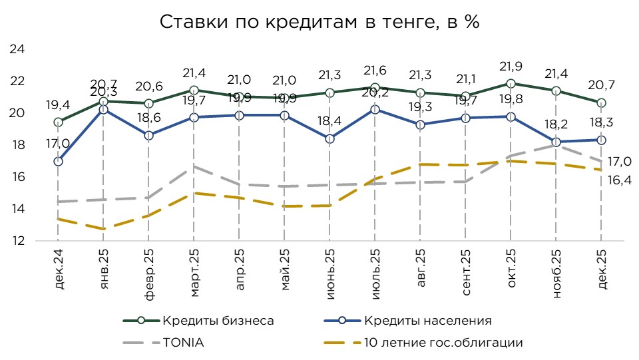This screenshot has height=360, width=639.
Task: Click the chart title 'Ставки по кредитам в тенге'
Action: (319, 22)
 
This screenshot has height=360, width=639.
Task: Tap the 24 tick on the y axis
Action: (17, 50)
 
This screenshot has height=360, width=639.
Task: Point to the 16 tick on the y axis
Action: (17, 177)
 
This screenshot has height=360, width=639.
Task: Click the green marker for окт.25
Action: (511, 84)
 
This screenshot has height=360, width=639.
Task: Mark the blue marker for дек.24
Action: (59, 161)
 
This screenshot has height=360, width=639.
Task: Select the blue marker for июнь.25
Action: (329, 138)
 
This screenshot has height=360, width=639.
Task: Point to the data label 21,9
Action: (511, 67)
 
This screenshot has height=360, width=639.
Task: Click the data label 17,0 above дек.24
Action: (58, 142)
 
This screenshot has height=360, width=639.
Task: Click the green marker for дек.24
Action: (59, 122)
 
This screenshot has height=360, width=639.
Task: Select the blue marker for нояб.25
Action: (556, 142)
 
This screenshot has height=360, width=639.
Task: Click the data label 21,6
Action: (375, 71)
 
